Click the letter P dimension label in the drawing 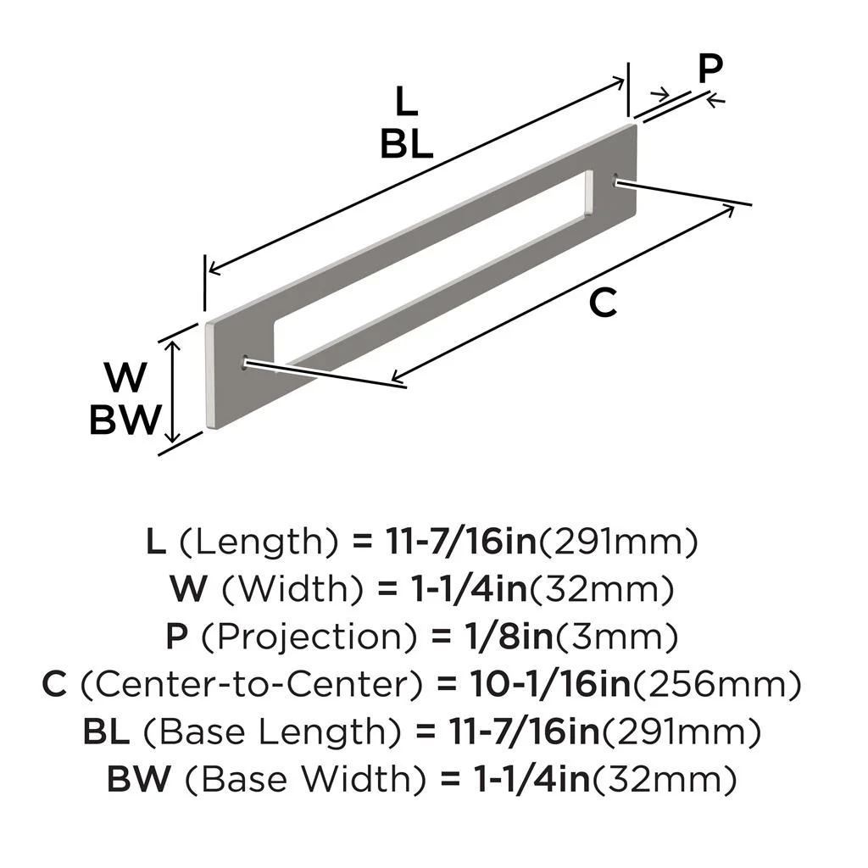[709, 70]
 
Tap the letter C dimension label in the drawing [603, 303]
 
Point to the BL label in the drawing [407, 144]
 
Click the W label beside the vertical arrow [125, 374]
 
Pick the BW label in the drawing [125, 420]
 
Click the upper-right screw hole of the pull [616, 180]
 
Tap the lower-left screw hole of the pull [246, 362]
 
